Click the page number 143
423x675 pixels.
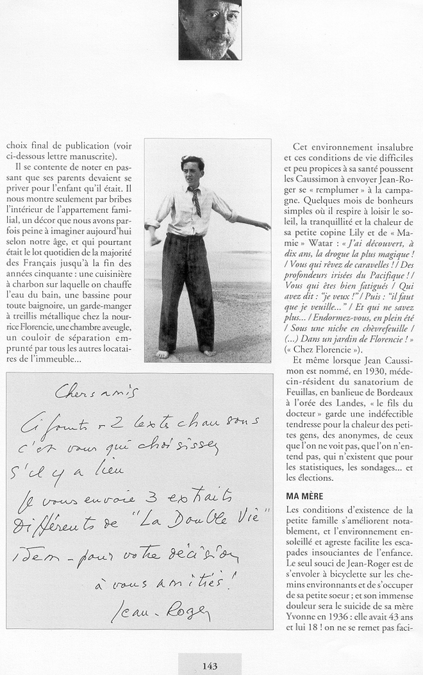(x=210, y=666)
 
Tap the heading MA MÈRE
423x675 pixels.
(x=304, y=497)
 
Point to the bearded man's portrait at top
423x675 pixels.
(x=210, y=30)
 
